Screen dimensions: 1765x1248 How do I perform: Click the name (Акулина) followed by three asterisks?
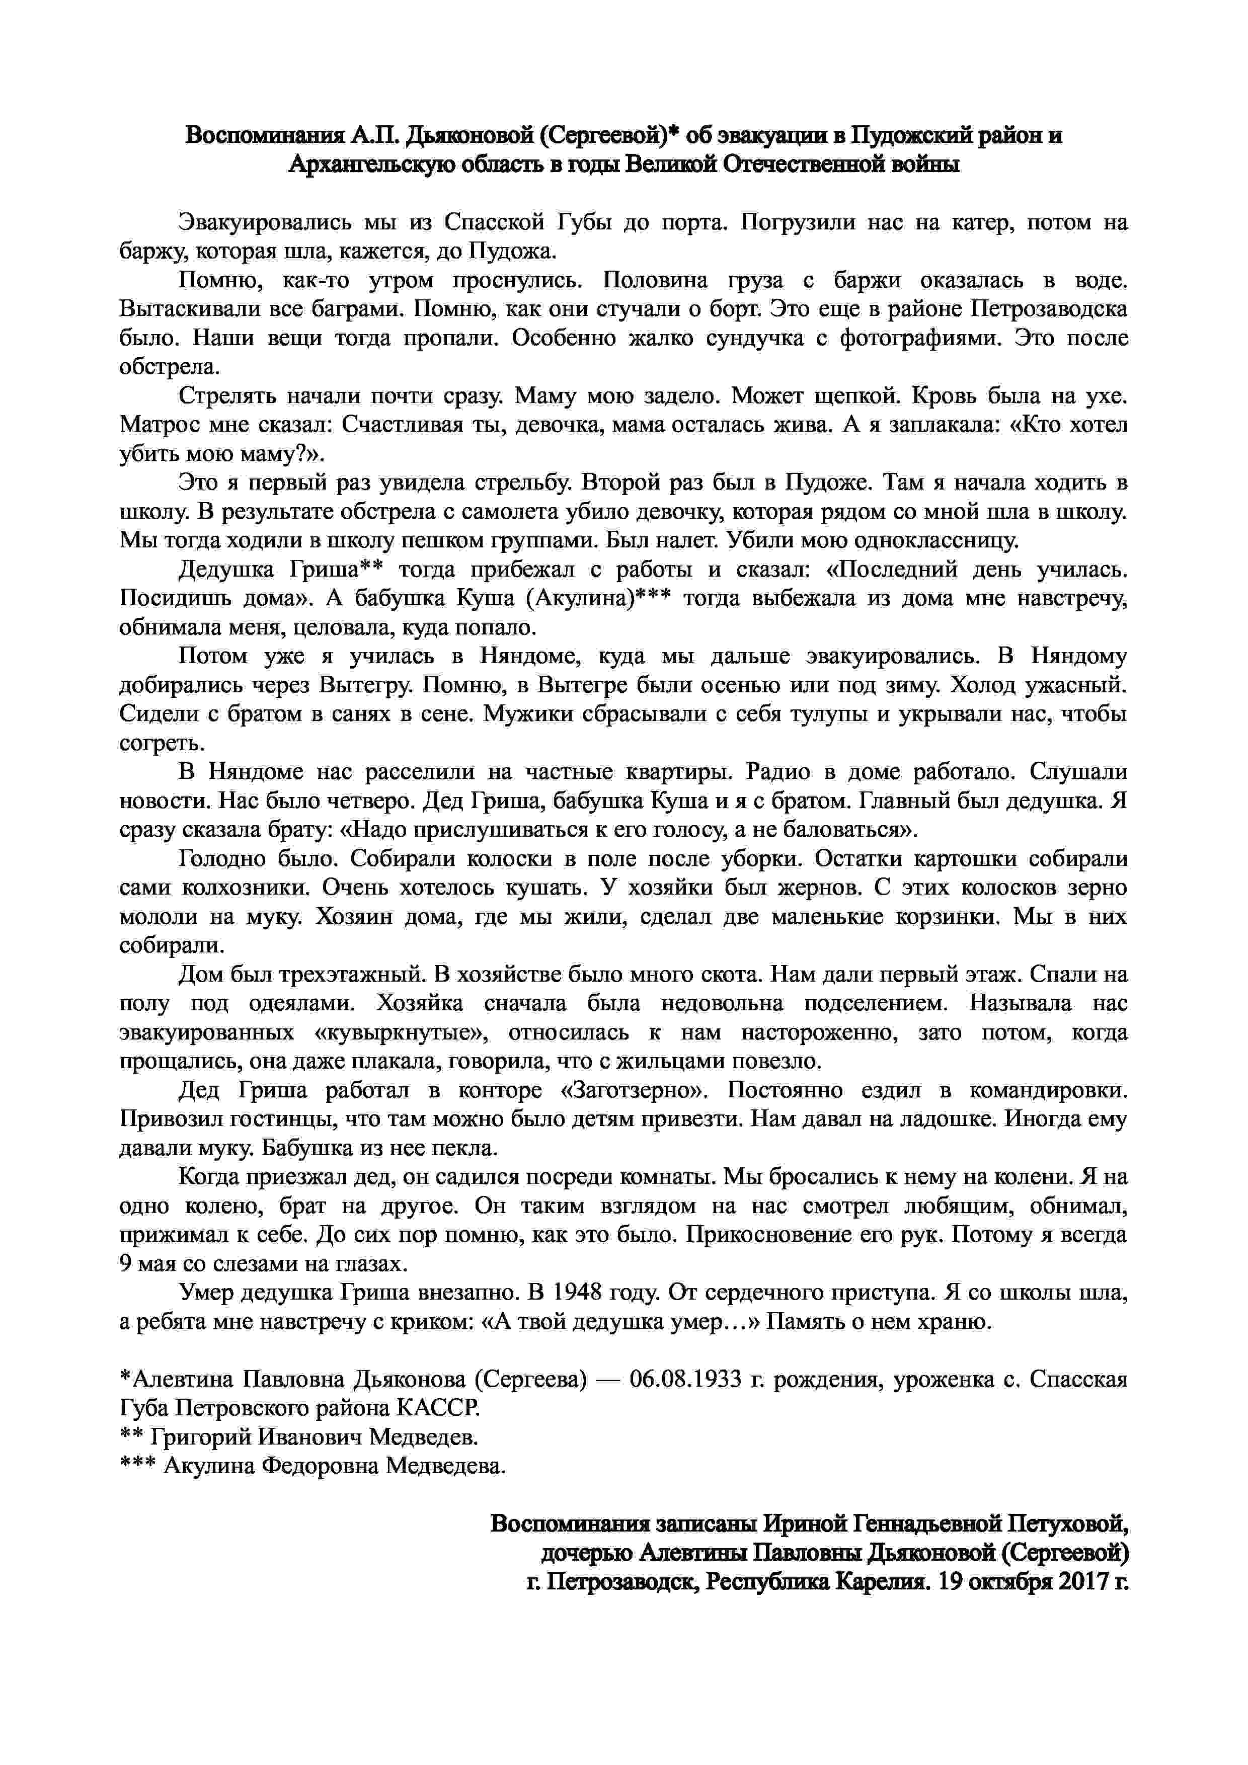click(588, 598)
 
